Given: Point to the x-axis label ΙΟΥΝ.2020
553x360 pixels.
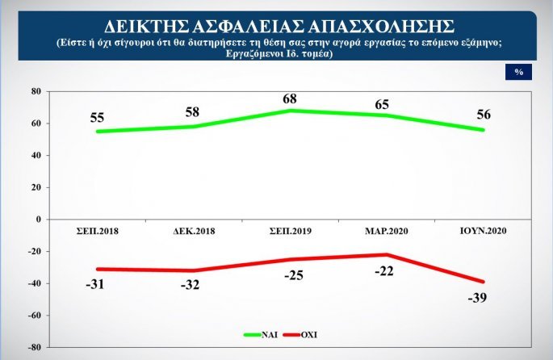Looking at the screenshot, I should coord(483,231).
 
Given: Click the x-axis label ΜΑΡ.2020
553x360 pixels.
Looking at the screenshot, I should coord(386,231).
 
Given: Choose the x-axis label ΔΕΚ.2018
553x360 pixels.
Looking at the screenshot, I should coord(193,231).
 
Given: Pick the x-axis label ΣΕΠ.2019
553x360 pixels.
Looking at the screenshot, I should coord(290,231).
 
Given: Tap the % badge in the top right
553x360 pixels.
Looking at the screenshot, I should coord(518,72).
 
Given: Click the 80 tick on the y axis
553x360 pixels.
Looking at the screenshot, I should coord(36,91).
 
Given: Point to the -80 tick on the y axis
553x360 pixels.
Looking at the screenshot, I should coord(34,347).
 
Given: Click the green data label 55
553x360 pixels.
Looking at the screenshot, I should coord(97,117).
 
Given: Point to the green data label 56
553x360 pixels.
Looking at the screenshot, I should coord(484,115).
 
